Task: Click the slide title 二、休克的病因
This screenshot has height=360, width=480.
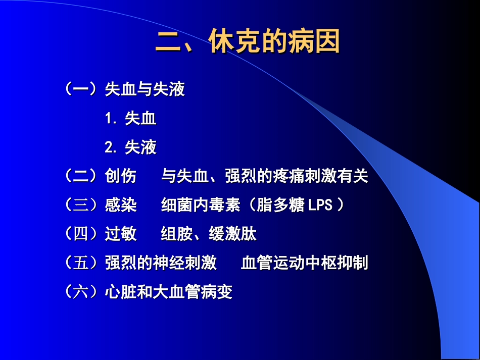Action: tap(247, 42)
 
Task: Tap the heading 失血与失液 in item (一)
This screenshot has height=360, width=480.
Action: tap(145, 90)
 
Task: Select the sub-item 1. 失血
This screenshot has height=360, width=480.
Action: tap(131, 119)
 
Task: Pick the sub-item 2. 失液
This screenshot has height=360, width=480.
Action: tap(131, 147)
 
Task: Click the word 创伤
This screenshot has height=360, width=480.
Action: tap(120, 176)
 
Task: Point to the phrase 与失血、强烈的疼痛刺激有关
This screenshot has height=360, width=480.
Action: tap(265, 176)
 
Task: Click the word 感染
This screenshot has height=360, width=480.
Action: tap(120, 205)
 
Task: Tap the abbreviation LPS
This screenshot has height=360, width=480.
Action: tap(319, 205)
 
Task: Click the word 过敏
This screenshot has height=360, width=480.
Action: tap(120, 234)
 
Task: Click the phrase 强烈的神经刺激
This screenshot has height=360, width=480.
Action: tap(161, 263)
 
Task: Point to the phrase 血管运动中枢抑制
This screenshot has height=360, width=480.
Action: tap(305, 263)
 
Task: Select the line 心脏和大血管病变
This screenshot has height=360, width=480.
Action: tap(169, 291)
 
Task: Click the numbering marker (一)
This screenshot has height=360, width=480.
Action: tap(81, 90)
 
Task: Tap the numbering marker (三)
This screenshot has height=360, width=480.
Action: tap(81, 205)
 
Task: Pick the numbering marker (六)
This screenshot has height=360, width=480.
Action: tap(81, 291)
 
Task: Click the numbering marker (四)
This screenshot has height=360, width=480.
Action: tap(81, 234)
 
